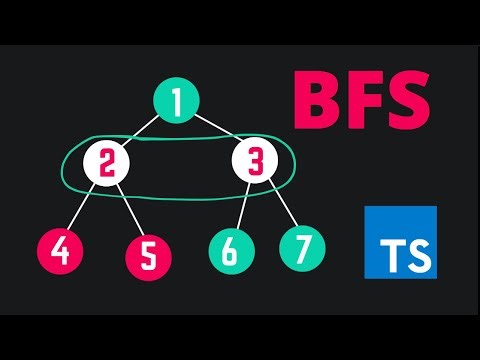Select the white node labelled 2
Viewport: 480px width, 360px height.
(105, 162)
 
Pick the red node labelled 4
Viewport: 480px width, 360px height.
(60, 250)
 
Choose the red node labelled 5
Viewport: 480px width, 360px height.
(147, 257)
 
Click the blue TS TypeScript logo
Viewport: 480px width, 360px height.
(400, 242)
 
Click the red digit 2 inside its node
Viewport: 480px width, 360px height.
(105, 162)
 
